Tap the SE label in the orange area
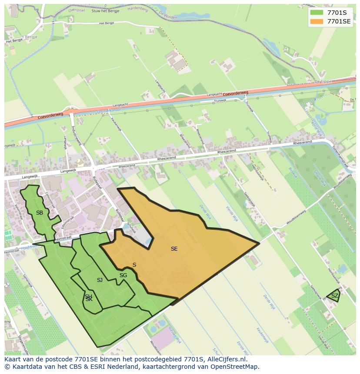pos(174,249)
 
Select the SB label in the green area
pos(40,212)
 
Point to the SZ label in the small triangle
pos(334,296)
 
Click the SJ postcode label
pos(100,280)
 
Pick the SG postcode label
pos(123,275)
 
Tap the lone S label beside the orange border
pos(134,265)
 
